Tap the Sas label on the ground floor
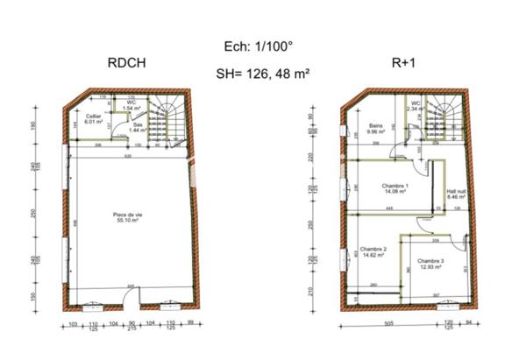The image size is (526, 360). point(138,125)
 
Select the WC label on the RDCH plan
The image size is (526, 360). point(131,103)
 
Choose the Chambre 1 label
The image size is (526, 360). point(395,186)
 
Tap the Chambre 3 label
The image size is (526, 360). point(430,262)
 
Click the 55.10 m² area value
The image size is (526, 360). point(128,220)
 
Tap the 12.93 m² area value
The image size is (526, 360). point(430,268)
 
